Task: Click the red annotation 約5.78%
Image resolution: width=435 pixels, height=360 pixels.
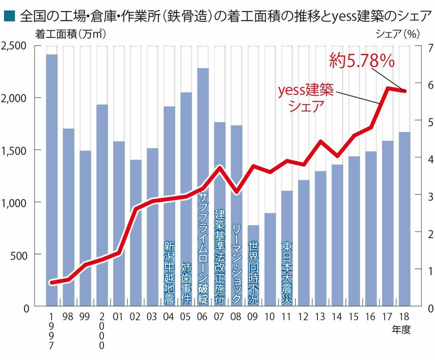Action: point(362,61)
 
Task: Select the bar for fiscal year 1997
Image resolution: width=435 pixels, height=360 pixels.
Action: point(52,180)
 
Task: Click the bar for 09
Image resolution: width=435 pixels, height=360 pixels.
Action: point(253,265)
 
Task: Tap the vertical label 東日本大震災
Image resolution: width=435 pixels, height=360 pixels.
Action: point(286,268)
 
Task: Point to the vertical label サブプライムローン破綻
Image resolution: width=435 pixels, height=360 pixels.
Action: point(203,247)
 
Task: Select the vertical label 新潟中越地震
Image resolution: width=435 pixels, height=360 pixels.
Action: point(169,273)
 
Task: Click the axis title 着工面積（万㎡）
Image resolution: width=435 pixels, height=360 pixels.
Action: point(70,34)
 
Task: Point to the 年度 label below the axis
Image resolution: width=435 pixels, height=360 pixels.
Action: point(401,330)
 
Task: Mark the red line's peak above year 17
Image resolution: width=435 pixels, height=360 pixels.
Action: point(388,88)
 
